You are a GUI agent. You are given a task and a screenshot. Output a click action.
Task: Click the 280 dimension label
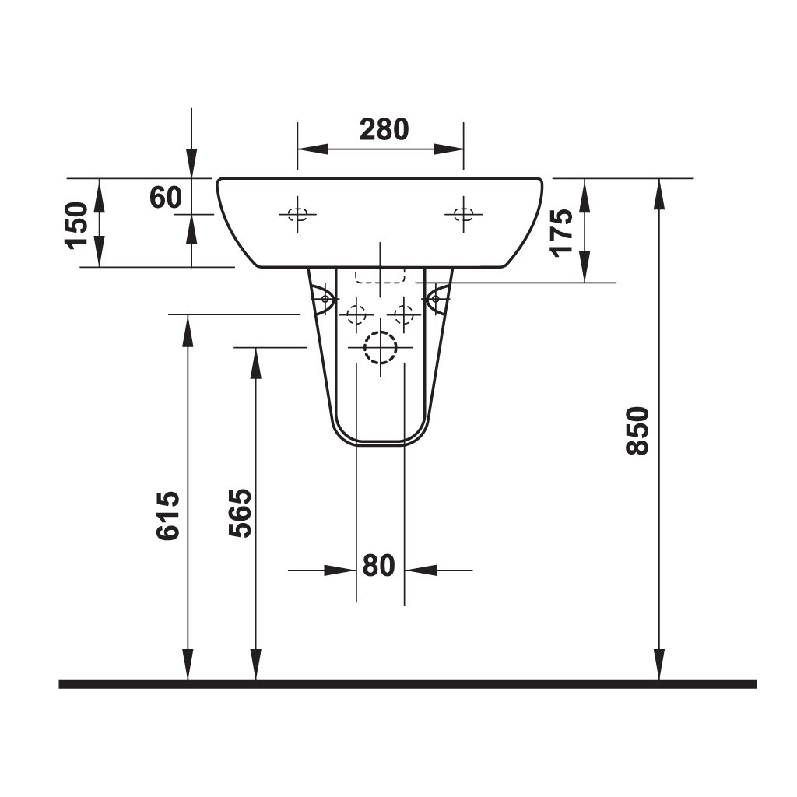pos(384,129)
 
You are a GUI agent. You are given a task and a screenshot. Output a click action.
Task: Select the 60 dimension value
pos(166,197)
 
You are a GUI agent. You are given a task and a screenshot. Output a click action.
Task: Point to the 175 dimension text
pos(561,231)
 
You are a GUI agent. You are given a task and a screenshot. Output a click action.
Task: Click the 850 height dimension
pos(637,430)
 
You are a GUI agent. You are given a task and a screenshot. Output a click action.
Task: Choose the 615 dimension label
pos(170,515)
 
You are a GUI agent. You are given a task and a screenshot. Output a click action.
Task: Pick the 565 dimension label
pos(241,513)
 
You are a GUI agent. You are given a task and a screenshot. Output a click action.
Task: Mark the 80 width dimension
pos(379,566)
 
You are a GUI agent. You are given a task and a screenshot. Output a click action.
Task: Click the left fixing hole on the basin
pos(297,214)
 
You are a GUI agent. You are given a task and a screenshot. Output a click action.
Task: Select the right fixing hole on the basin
pos(464,214)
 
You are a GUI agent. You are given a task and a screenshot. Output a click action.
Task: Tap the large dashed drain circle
pos(380,347)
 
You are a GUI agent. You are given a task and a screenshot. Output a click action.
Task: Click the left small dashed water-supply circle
pos(356,314)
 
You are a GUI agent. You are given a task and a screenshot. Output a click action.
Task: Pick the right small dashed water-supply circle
pos(404,314)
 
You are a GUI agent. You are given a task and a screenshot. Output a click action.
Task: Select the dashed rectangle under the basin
pos(380,276)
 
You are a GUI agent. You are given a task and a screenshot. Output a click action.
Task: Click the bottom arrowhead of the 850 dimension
pos(659,666)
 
